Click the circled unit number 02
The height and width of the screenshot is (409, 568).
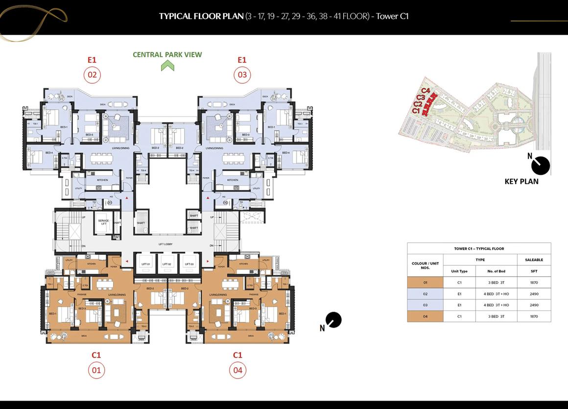click(92, 75)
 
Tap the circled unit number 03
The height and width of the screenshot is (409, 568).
click(242, 75)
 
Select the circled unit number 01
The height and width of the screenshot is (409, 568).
click(96, 370)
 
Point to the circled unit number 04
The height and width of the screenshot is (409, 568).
click(237, 370)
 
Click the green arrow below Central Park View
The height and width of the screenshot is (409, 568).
click(167, 65)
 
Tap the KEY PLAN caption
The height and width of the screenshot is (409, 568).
click(521, 181)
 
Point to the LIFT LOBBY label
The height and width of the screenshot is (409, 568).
click(167, 244)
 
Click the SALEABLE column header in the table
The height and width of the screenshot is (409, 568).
click(534, 260)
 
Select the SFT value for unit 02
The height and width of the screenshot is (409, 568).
click(534, 294)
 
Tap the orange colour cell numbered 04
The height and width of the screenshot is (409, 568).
click(426, 316)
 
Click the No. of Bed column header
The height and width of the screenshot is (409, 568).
click(496, 271)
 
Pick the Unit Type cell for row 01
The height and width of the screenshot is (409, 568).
click(459, 283)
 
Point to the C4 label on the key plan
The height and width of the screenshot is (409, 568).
click(426, 91)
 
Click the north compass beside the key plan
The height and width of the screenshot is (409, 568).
click(541, 166)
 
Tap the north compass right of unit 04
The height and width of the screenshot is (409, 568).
click(333, 320)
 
